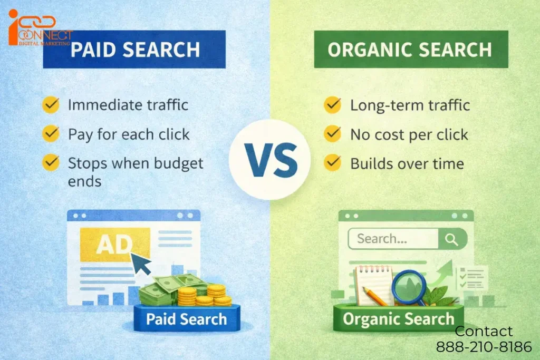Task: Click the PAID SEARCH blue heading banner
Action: coord(134,50)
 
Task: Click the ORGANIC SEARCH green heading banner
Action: coord(410,50)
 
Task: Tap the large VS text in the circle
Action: coord(270,160)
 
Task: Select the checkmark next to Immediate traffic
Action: coord(51,104)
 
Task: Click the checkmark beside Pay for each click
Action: coord(51,134)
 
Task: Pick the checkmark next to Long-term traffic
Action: coord(332,104)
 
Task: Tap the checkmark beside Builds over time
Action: coord(332,163)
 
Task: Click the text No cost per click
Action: coord(409,134)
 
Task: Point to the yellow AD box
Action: coord(114,244)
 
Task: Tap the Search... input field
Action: coord(393,239)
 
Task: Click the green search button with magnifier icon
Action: coord(452,239)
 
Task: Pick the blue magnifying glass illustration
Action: coord(409,285)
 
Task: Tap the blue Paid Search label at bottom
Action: coord(186,318)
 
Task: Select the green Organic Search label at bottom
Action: coord(398,318)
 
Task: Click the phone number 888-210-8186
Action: coord(484,347)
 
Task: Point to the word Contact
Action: coord(484,331)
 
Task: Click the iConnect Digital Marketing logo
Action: coord(39,29)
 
